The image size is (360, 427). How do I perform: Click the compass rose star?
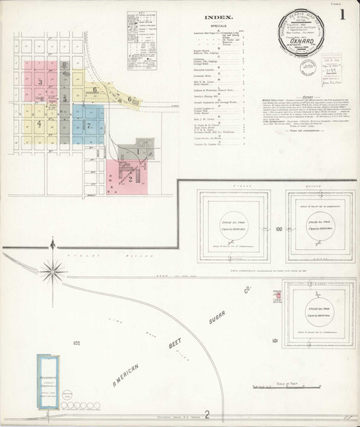point(52,271)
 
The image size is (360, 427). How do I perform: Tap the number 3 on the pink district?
point(40,82)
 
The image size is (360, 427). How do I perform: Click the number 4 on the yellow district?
point(39,122)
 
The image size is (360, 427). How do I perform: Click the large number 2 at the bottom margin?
point(207,413)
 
